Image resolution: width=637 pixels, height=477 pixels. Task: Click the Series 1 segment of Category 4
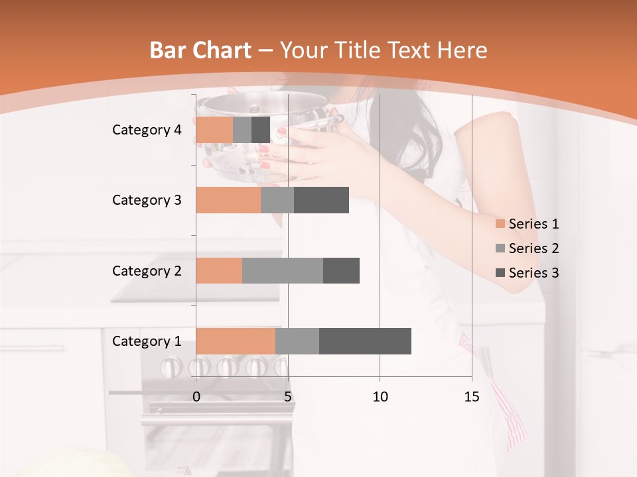pos(214,130)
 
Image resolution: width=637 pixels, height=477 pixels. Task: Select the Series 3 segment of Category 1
pos(365,341)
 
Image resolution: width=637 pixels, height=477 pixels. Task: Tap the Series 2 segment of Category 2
pos(283,270)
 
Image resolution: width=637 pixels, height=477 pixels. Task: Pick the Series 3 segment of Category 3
pos(321,200)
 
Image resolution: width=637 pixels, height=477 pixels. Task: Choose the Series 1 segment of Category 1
pos(236,341)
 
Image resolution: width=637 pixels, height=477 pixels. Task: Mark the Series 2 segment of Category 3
pos(277,200)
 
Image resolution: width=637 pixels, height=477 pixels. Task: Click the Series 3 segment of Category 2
pos(341,270)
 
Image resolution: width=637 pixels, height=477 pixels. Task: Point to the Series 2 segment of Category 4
pos(242,130)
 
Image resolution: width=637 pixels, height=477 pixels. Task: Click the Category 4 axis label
pos(147,130)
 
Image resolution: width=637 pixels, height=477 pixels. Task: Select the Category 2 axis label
pos(147,270)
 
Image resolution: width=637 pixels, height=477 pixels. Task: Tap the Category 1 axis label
pos(147,341)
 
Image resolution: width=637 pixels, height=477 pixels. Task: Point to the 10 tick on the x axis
pos(380,397)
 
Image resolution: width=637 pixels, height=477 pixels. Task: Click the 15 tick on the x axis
pos(471,397)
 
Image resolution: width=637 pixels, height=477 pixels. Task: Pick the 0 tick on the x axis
pos(196,397)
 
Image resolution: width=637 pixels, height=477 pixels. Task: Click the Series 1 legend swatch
pos(500,224)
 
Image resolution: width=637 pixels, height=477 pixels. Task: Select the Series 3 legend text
pos(533,272)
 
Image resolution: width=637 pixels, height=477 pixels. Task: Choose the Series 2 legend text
pos(533,248)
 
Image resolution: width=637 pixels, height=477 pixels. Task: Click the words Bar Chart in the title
pos(200,50)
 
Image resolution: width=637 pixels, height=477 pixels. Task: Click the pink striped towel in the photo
pos(511,417)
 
